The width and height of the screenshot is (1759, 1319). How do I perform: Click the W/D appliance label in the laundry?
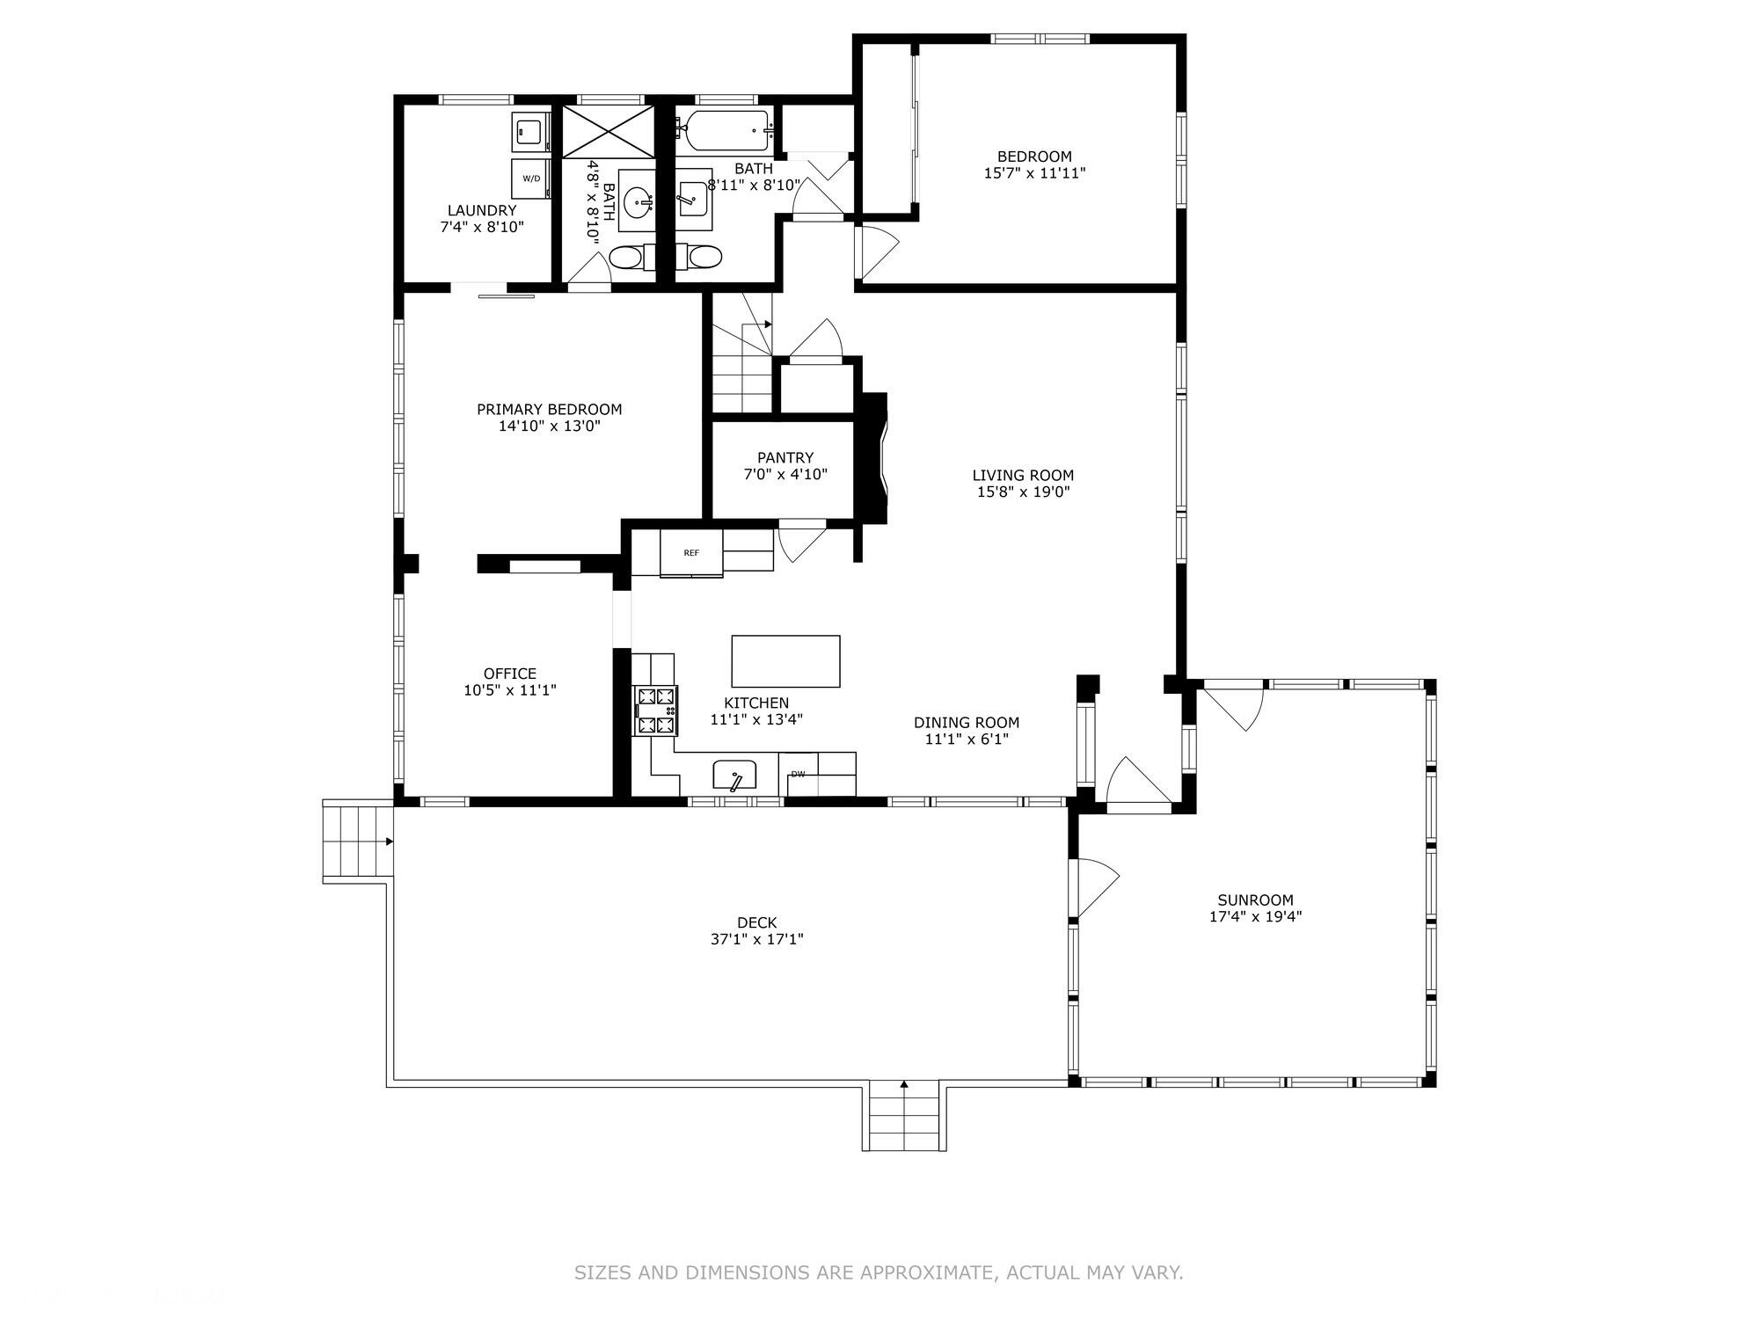coord(531,179)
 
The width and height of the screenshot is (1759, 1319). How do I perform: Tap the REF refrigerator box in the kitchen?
coord(691,553)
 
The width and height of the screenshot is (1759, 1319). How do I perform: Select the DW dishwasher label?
coord(799,775)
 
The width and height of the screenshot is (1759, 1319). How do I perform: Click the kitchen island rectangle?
coord(785,661)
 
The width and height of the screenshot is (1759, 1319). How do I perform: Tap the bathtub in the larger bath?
coord(726,132)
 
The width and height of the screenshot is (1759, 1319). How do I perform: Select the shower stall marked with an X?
coord(609,132)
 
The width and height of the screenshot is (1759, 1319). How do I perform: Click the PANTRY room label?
coord(785,457)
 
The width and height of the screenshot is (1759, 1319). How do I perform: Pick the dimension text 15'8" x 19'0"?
coord(1023,492)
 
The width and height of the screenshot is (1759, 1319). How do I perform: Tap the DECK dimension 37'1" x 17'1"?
coord(757,939)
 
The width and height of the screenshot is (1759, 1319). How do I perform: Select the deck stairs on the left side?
coord(357,841)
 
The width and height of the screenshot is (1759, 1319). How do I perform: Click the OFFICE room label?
coord(510,674)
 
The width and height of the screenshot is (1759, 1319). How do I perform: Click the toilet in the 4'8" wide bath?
coord(627,258)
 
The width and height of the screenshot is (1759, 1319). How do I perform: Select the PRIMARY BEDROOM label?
coord(549,409)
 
